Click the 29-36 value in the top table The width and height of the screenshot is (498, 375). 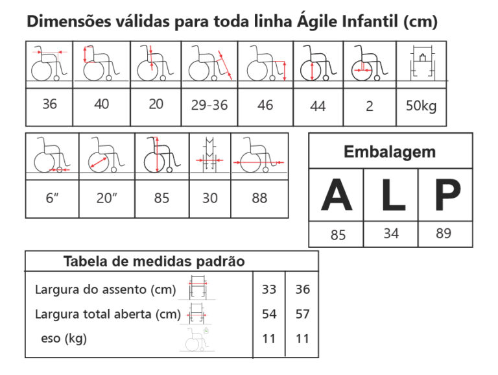click(x=209, y=105)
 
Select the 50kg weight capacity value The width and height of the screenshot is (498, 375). click(x=421, y=106)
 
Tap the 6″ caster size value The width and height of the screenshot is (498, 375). click(x=52, y=198)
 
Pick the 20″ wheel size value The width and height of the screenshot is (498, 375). click(x=107, y=198)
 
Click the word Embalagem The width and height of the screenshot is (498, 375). click(x=390, y=152)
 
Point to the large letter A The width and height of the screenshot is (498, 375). click(x=337, y=195)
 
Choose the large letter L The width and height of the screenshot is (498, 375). click(x=394, y=195)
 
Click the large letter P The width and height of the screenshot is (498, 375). click(x=448, y=195)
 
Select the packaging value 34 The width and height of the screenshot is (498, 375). click(x=391, y=234)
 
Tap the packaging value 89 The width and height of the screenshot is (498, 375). click(x=444, y=234)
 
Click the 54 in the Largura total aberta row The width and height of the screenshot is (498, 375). click(x=269, y=314)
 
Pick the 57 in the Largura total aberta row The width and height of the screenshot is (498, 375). click(x=302, y=314)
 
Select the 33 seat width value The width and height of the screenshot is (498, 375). click(x=269, y=289)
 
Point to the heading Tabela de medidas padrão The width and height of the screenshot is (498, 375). click(x=154, y=261)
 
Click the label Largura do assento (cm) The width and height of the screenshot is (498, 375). click(x=106, y=289)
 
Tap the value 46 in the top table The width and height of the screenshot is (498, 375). click(x=265, y=105)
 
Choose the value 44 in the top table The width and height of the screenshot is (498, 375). click(x=318, y=106)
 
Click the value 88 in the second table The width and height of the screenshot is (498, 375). click(x=259, y=198)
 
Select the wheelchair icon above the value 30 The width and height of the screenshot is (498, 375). click(x=209, y=155)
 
